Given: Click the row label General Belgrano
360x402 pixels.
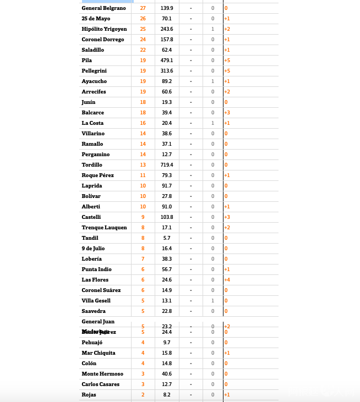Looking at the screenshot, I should click(103, 8).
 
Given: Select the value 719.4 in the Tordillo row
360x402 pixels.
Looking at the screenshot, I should click(167, 165).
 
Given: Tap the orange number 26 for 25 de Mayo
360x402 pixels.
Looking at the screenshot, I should click(143, 19).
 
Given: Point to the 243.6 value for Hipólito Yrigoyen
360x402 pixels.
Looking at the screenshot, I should click(167, 29).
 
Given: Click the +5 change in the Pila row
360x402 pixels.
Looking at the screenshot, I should click(227, 60).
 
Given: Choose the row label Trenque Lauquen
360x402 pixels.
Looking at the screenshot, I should click(104, 228).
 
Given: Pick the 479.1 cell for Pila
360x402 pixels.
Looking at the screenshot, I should click(167, 60).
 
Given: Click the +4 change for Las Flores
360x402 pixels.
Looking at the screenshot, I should click(227, 280).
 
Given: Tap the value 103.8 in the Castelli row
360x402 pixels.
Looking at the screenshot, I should click(167, 217).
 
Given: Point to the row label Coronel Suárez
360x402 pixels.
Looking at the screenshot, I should click(101, 290).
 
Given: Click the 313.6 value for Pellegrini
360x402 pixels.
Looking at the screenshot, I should click(167, 71).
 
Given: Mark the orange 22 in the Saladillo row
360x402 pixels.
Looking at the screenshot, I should click(143, 50).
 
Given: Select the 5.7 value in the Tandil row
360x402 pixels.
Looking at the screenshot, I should click(167, 238).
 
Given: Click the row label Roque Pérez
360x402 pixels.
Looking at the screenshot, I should click(97, 175).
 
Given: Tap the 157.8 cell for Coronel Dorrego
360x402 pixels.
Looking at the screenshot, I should click(167, 40).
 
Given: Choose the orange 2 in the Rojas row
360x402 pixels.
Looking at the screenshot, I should click(143, 395).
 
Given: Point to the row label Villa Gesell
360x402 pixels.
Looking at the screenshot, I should click(96, 301).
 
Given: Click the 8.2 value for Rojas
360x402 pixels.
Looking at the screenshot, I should click(167, 395).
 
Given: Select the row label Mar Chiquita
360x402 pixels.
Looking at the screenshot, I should click(99, 353).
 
